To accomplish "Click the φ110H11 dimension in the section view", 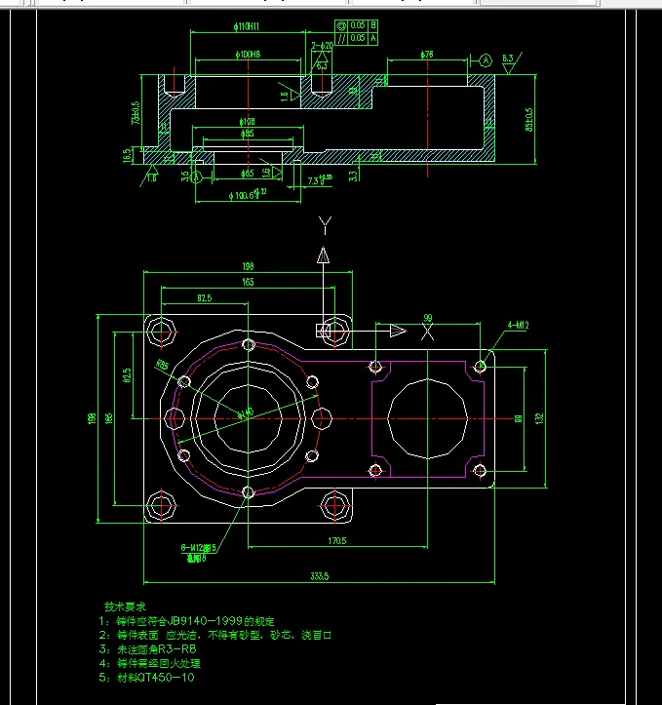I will click(x=249, y=27).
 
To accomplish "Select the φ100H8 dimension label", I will click(x=249, y=55).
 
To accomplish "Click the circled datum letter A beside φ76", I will click(x=486, y=59).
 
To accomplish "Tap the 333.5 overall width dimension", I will click(x=319, y=577).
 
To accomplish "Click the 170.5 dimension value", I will click(x=338, y=539).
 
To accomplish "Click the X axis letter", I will click(x=426, y=332).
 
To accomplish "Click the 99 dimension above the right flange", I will click(x=426, y=318).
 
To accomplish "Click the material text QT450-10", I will click(x=162, y=678).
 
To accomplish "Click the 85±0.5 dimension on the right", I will click(x=530, y=119).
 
